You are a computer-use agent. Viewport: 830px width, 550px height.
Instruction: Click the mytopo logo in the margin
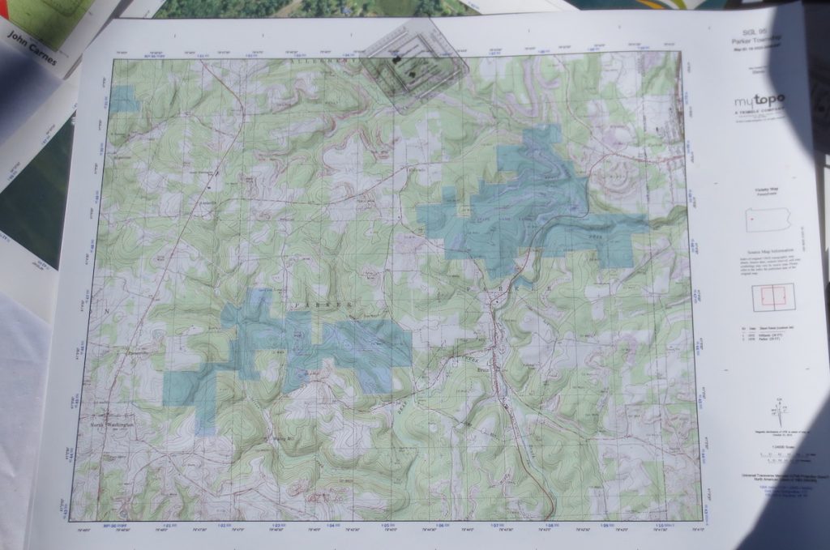tap(759, 102)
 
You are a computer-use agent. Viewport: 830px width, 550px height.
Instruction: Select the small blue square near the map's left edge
tap(124, 100)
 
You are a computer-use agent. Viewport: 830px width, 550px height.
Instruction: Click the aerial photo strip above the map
tap(316, 8)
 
